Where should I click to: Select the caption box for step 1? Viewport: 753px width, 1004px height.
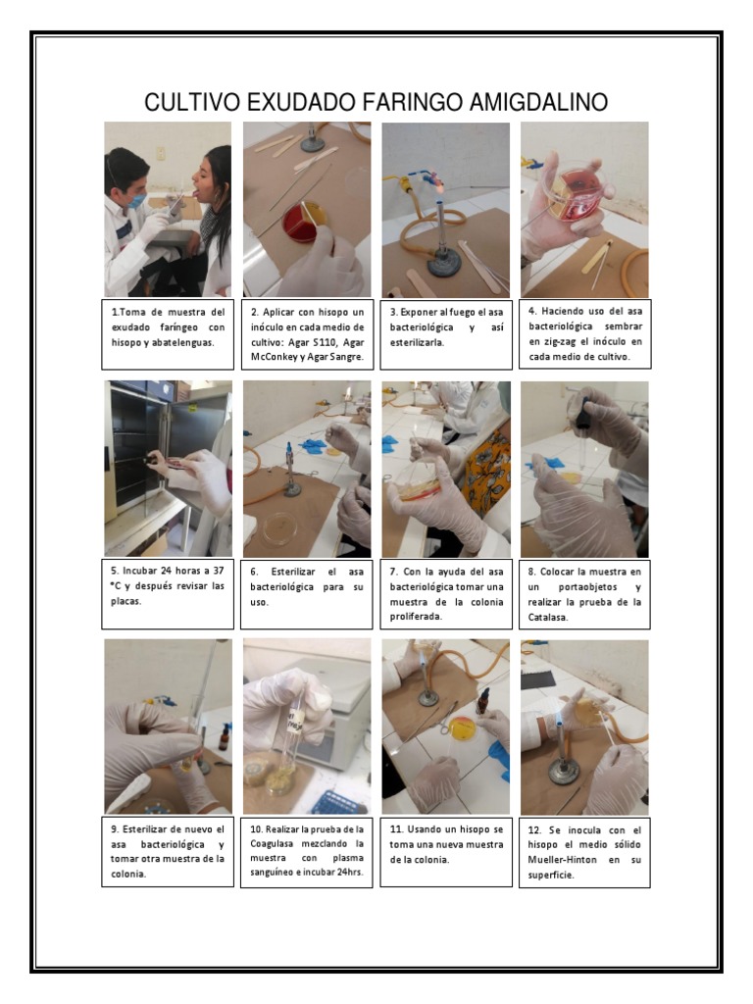[x=168, y=333]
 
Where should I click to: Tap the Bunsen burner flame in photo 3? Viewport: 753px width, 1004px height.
[x=438, y=183]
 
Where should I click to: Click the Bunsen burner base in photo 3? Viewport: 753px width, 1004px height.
[x=444, y=261]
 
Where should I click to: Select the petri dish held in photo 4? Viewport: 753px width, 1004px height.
[x=572, y=193]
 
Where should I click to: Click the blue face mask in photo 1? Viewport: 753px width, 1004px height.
[x=138, y=200]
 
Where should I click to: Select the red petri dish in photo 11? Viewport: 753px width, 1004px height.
[x=461, y=728]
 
